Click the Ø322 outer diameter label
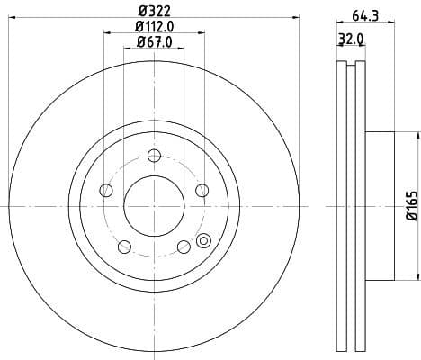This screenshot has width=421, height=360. pos(153,12)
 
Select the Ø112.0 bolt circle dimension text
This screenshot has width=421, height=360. pos(154,27)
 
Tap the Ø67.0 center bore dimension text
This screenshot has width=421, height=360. pos(155,43)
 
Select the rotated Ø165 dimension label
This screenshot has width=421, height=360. pos(408,206)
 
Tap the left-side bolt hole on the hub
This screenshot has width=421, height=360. pos(106,190)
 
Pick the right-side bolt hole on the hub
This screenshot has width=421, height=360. pos(201,189)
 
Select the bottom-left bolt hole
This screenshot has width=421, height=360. pos(123,246)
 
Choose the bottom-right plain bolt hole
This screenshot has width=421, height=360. pos(184,246)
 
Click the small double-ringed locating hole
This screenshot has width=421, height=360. pos(203,240)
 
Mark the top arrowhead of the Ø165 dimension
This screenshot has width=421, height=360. pos(416,133)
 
